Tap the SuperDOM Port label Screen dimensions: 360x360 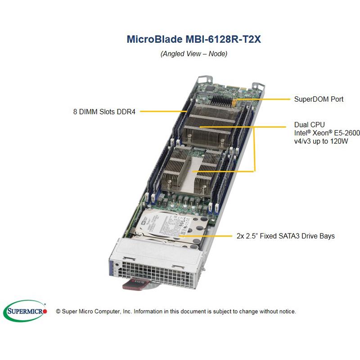coord(319,99)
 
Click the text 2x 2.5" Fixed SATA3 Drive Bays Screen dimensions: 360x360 coord(285,236)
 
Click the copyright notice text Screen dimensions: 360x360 coord(175,311)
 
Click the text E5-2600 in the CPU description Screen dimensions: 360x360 coord(346,133)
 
